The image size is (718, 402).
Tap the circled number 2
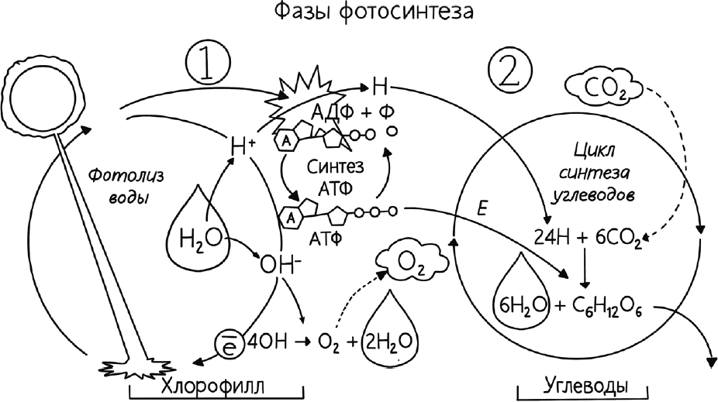click(x=510, y=72)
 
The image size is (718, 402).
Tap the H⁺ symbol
click(x=242, y=143)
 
